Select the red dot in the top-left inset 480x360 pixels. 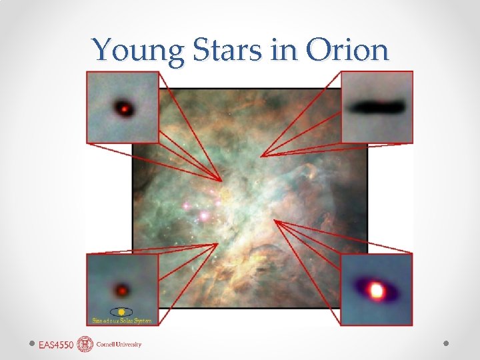click(x=124, y=107)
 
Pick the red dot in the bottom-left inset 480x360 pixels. click(x=122, y=291)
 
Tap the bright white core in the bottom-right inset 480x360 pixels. click(x=377, y=291)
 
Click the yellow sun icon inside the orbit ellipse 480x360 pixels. click(x=121, y=311)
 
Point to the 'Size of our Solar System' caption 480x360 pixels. click(x=122, y=321)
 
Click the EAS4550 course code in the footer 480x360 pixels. click(x=56, y=345)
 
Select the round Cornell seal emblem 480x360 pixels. click(x=85, y=344)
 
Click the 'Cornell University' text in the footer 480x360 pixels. click(x=119, y=345)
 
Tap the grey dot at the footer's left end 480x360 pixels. click(x=32, y=344)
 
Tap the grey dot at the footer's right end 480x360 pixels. click(x=447, y=344)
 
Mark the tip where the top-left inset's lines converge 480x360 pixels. click(x=221, y=181)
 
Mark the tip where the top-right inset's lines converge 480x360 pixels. click(x=261, y=156)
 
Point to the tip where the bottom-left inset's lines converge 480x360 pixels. click(x=218, y=244)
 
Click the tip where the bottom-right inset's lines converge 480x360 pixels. click(x=274, y=221)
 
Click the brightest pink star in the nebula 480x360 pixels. click(x=203, y=216)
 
